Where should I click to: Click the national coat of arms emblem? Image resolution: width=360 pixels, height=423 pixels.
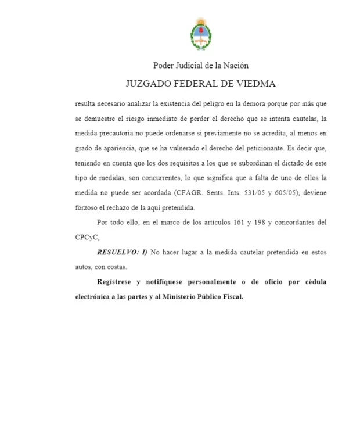click(201, 34)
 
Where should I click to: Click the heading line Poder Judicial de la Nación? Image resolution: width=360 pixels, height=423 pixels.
click(201, 66)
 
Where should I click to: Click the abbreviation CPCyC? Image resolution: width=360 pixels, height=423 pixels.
click(87, 238)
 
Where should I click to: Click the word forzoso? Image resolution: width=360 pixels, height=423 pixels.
click(87, 207)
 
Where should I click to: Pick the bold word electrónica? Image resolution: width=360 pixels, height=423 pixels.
click(95, 297)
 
